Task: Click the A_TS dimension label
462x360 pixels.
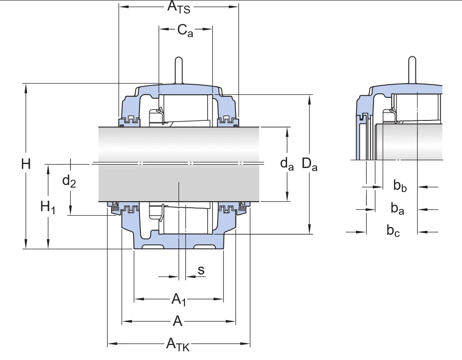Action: (179, 7)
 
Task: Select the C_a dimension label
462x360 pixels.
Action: (185, 31)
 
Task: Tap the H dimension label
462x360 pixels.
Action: (26, 165)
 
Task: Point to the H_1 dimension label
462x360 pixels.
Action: (48, 206)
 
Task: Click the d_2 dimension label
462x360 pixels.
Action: (69, 180)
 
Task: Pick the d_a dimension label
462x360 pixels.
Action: (287, 164)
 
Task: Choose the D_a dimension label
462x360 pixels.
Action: (310, 165)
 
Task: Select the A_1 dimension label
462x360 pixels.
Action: (179, 299)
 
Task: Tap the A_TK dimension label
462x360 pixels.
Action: (178, 344)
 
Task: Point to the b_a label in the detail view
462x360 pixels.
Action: (397, 209)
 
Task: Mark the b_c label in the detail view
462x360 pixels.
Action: (394, 231)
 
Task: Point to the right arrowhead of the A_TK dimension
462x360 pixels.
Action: (246, 343)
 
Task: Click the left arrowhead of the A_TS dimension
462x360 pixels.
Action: (123, 7)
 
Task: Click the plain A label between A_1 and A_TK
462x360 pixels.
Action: (178, 322)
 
